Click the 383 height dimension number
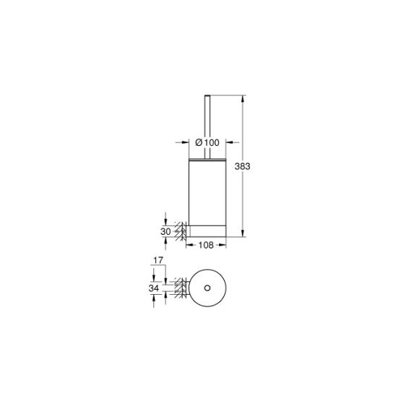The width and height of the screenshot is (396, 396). (242, 166)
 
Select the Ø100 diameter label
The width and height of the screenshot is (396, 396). (207, 142)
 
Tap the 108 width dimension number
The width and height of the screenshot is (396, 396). (206, 245)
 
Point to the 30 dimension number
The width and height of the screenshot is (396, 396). (165, 231)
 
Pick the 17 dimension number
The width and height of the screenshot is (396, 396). (158, 260)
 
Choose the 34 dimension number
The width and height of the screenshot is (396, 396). (154, 288)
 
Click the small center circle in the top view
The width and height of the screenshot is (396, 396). (207, 288)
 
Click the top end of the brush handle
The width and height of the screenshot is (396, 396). (207, 95)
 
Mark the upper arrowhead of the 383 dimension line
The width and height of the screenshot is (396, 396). (243, 98)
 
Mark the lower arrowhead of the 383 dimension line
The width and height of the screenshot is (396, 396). (243, 233)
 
